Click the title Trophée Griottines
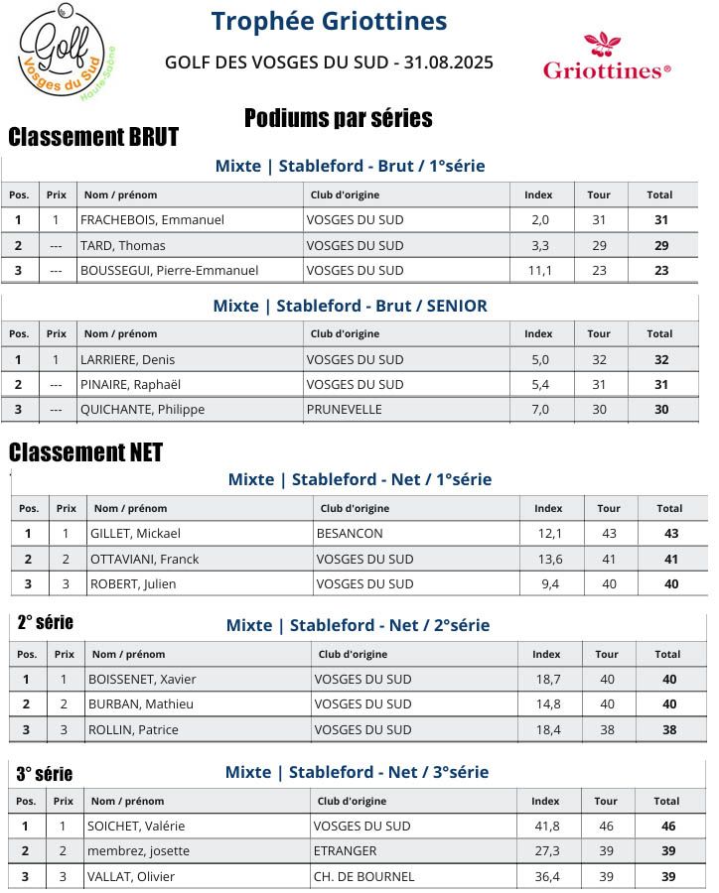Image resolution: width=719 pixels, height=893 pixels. pos(329,21)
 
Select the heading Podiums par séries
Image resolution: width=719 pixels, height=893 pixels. pos(338,119)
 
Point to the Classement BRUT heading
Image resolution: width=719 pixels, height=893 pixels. pos(93,137)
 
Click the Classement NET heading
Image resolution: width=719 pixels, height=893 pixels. pos(85,453)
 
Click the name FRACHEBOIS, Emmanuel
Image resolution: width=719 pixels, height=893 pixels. pos(152,220)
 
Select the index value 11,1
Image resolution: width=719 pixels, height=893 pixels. pos(539,271)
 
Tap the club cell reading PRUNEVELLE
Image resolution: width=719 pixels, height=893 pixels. pos(343,410)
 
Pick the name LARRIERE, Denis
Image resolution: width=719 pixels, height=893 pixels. pos(127,360)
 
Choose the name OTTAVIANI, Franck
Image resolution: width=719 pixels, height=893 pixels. pos(144,560)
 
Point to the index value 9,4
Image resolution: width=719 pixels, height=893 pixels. pos(549,584)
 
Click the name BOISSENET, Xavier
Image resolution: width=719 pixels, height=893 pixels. pos(142,680)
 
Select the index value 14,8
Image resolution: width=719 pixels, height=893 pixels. pos(547,704)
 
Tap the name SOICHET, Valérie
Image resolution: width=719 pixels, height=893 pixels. pos(136,827)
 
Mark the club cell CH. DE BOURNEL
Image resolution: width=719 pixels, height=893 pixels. pos(363,877)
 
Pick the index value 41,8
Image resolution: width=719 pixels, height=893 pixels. pos(546,827)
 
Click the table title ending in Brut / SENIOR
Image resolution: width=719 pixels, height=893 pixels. pos(350,306)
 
